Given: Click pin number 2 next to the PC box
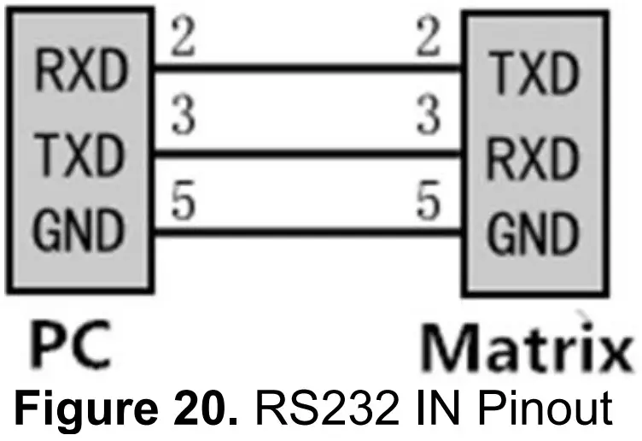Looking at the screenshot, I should (181, 39).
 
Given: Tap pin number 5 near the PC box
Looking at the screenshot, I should (181, 202).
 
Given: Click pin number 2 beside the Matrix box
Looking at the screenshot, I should (429, 39).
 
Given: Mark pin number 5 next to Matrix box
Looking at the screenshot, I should (429, 202).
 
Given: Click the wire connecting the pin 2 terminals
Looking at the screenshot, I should (307, 67).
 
